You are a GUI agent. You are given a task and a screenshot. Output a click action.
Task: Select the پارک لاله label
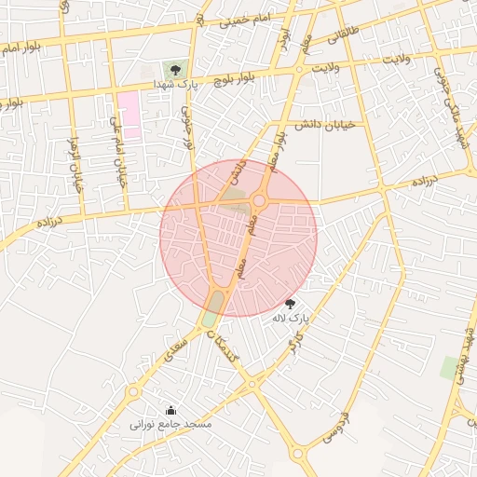pyautogui.click(x=289, y=319)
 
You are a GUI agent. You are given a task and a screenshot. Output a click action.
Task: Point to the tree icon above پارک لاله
pyautogui.click(x=290, y=304)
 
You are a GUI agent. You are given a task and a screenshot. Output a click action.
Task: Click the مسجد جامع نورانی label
pyautogui.click(x=171, y=424)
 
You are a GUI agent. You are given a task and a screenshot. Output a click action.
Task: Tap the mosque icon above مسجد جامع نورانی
pyautogui.click(x=170, y=410)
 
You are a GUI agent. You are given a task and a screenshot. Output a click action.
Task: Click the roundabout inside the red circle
pyautogui.click(x=259, y=200)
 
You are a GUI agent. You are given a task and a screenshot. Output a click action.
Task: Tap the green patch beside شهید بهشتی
pyautogui.click(x=450, y=367)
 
